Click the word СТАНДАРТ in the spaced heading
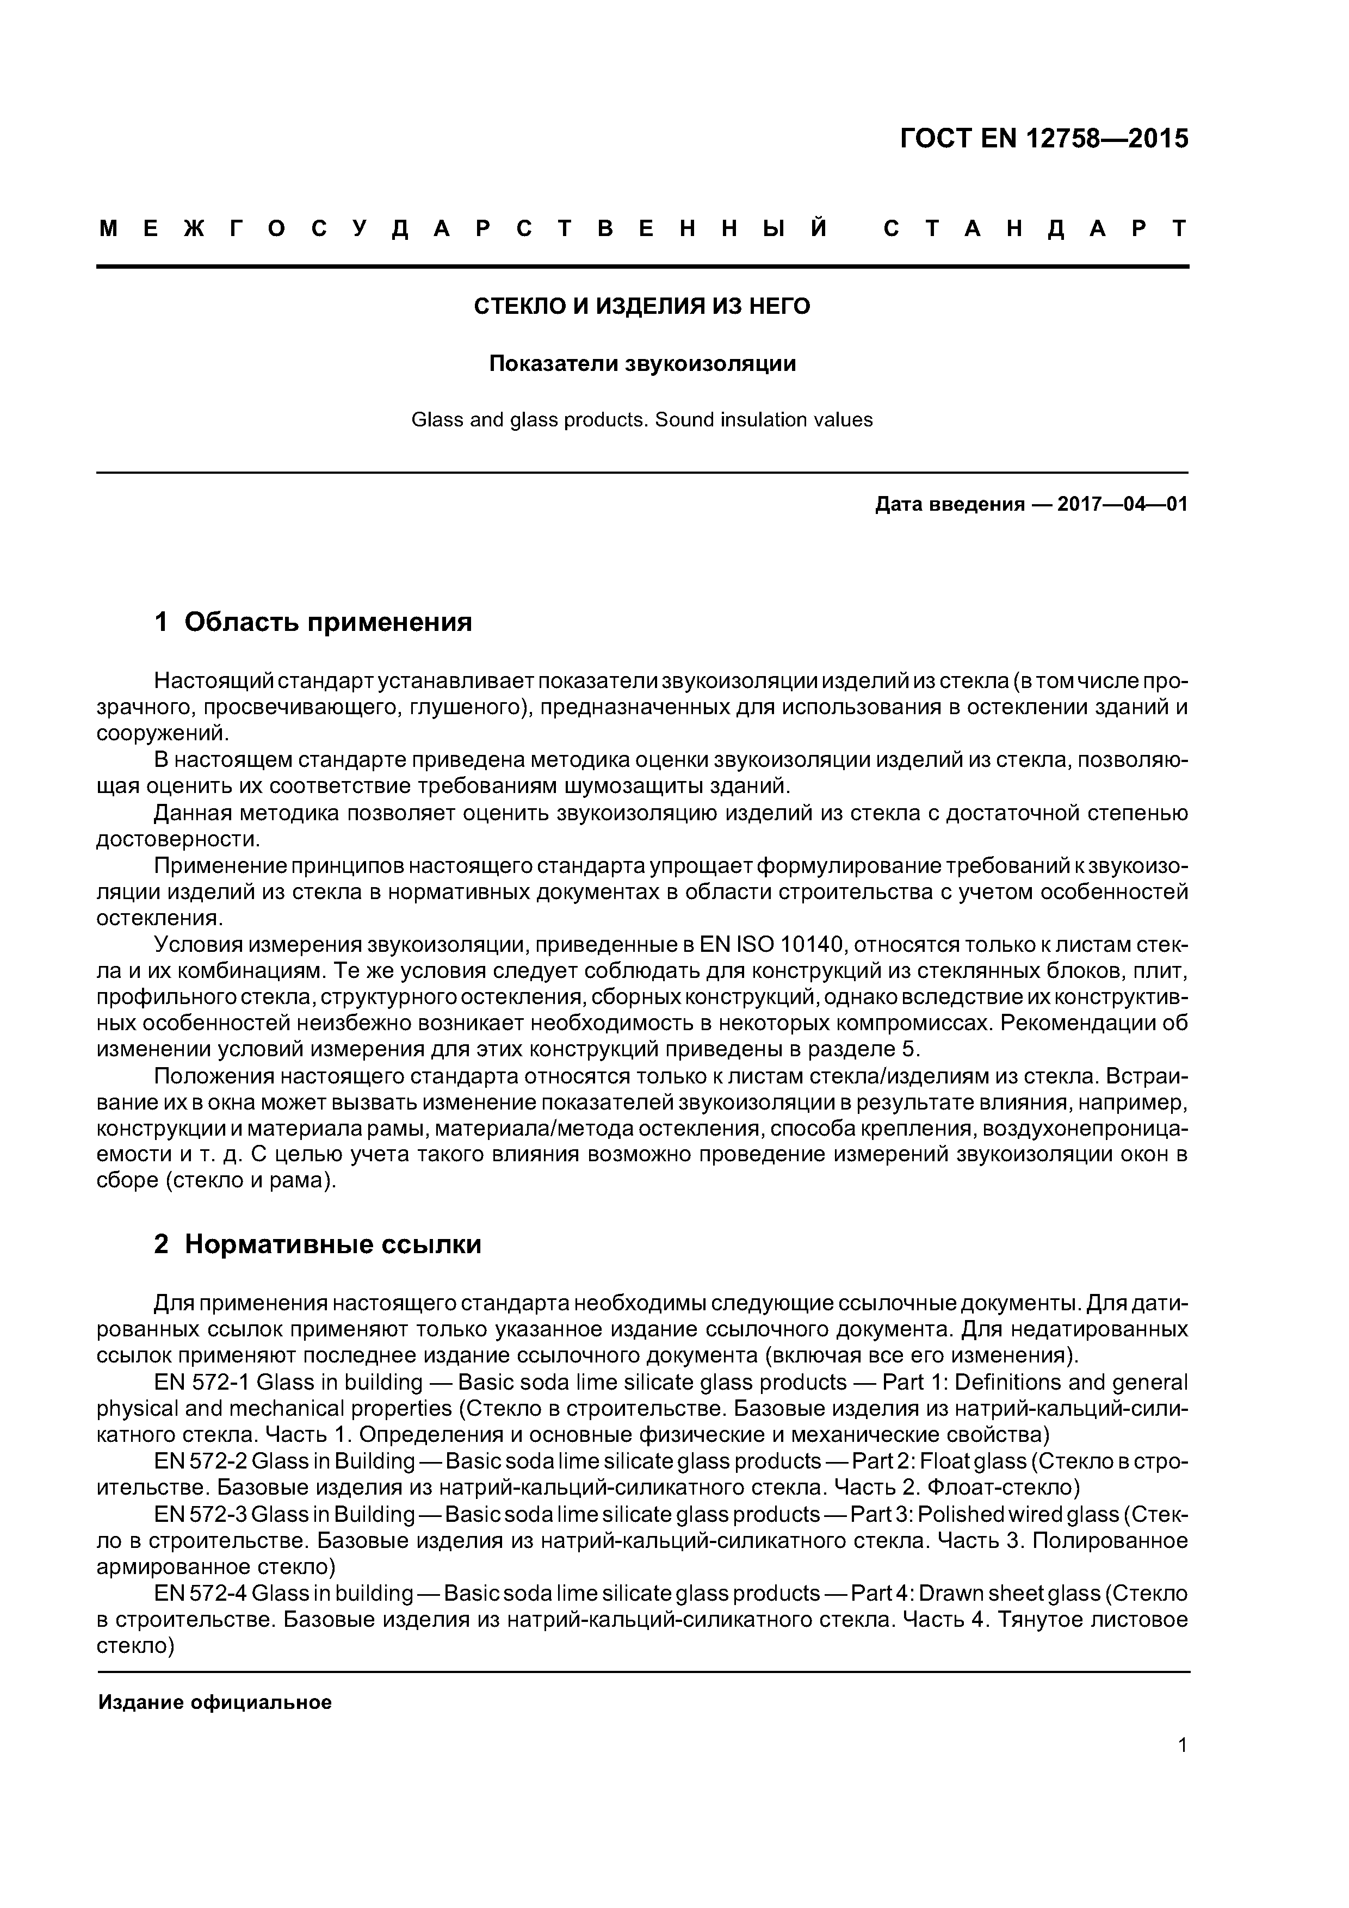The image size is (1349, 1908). [1035, 228]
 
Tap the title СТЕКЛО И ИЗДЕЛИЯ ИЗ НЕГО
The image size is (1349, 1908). [642, 307]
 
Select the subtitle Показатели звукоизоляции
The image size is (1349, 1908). [642, 363]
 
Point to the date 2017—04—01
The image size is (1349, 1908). [1122, 504]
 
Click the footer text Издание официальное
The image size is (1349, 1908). [214, 1703]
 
